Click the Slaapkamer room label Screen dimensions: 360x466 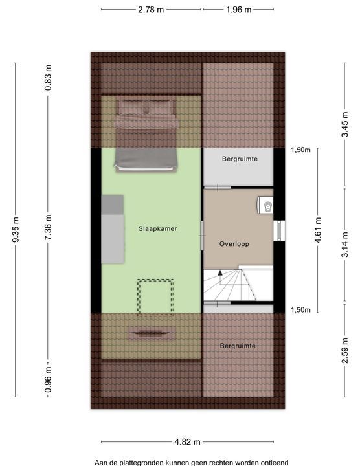tap(157, 228)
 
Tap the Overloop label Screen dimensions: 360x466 tap(234, 244)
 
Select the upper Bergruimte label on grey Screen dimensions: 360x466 tap(240, 159)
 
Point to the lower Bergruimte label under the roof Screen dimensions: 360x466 tap(238, 346)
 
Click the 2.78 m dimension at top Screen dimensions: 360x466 tap(151, 10)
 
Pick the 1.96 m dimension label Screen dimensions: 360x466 tap(238, 10)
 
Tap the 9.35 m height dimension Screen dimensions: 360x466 tap(16, 230)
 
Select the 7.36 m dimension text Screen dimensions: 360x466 tap(48, 227)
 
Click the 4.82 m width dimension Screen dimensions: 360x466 tap(187, 442)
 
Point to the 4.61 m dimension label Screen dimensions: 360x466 tap(318, 230)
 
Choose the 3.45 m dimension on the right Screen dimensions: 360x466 tap(344, 124)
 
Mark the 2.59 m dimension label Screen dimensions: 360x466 tap(344, 350)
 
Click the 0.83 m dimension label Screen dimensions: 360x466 tap(48, 78)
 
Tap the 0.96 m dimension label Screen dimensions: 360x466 tap(48, 379)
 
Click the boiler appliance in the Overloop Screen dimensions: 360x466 tap(265, 205)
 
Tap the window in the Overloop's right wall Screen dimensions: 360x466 tap(279, 230)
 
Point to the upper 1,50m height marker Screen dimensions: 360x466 tap(300, 150)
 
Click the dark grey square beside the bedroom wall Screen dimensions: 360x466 tap(113, 205)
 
